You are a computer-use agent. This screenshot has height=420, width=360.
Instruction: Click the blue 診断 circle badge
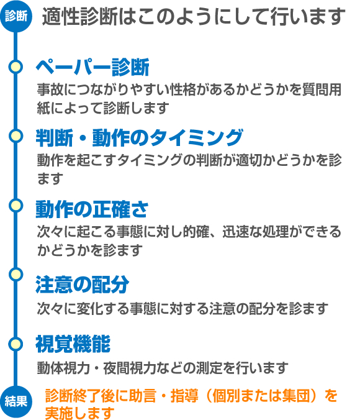coord(16,16)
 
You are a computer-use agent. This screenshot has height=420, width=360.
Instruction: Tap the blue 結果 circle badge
coord(16,401)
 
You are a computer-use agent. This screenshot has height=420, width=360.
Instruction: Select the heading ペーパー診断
coord(92,67)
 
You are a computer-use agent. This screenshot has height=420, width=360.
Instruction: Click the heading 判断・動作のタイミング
coord(140,138)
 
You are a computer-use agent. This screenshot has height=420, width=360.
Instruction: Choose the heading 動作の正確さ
coord(92,209)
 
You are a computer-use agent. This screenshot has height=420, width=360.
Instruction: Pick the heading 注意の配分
coord(83,285)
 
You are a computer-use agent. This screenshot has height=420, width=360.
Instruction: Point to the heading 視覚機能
coord(73,344)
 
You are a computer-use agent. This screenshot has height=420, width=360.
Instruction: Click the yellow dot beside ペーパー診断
coord(16,66)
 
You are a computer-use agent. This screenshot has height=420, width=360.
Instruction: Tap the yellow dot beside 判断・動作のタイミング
coord(16,136)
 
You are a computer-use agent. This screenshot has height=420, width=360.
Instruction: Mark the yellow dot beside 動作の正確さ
coord(16,206)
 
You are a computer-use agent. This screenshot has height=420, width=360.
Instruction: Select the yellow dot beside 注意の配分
coord(16,275)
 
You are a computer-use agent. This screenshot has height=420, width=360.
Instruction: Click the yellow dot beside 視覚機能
coord(16,344)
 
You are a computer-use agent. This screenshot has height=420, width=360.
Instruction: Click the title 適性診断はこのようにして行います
coord(194,17)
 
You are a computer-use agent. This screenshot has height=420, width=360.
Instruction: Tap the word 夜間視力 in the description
coord(130,368)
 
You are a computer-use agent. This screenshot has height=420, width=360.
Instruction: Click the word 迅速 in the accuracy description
coord(235,232)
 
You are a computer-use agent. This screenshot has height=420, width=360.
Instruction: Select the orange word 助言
coord(142,396)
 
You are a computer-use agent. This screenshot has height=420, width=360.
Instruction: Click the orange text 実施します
coord(80,413)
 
